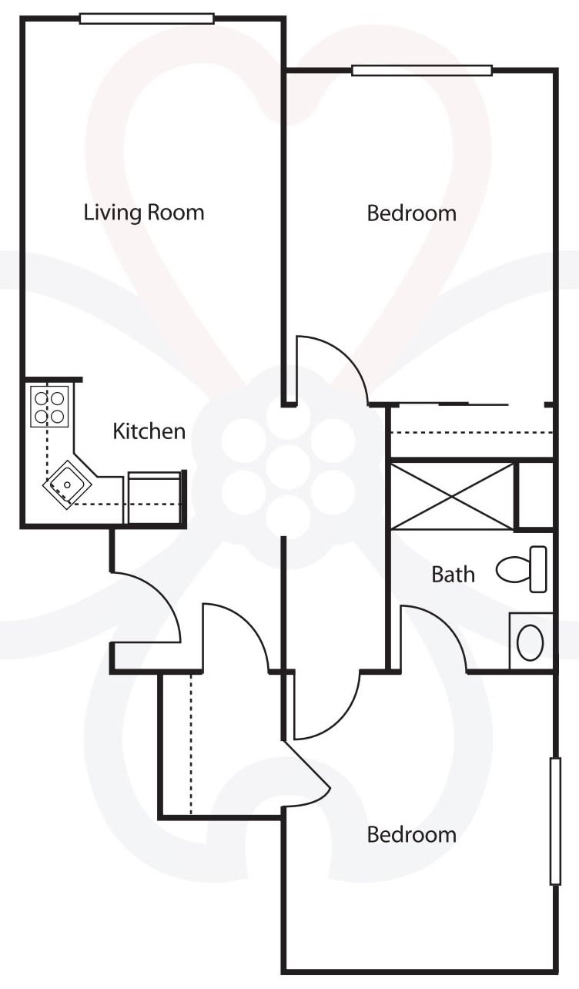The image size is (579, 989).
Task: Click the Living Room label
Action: tap(144, 213)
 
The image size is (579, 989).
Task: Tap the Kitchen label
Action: tap(149, 431)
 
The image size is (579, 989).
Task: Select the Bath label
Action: tap(453, 575)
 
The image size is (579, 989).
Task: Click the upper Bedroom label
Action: tap(412, 213)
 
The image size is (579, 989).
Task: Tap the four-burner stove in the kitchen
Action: tap(49, 406)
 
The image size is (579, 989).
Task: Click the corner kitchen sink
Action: tap(67, 484)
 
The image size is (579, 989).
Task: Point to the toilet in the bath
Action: tap(521, 569)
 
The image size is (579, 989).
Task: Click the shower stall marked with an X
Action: tap(453, 495)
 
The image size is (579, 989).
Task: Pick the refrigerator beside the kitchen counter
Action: tap(155, 498)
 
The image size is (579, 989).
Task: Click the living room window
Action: tap(147, 18)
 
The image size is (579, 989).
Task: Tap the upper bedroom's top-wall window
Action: tap(422, 71)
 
